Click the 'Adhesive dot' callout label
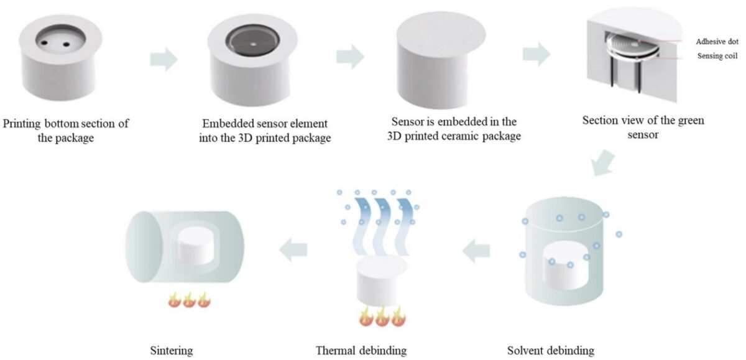coord(718,41)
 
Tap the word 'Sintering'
coord(172,351)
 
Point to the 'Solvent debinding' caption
coord(550,351)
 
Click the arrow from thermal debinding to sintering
coord(293,250)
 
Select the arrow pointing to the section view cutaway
coord(535,55)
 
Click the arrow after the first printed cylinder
coord(163,60)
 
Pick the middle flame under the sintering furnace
coord(189,301)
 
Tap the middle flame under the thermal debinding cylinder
coord(381,318)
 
